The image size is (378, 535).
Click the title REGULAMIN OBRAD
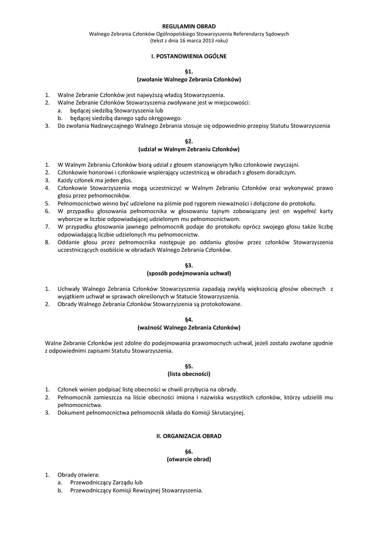[188, 26]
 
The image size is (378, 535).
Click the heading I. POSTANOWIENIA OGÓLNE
[188, 55]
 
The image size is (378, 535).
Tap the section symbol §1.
[188, 71]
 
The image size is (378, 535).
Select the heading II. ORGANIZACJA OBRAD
[188, 435]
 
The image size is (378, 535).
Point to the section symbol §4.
[188, 319]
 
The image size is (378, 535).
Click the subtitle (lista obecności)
[188, 374]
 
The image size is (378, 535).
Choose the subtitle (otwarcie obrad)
[188, 459]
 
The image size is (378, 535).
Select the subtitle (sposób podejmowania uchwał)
[188, 273]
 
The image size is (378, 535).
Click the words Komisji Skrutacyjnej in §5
[218, 412]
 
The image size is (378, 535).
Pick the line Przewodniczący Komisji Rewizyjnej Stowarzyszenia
[136, 491]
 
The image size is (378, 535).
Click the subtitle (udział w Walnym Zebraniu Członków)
[188, 149]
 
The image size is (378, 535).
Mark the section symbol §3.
[188, 265]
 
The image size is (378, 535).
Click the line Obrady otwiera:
[78, 474]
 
